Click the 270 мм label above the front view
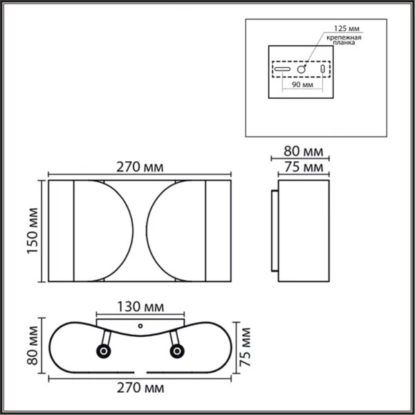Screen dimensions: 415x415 (136, 167)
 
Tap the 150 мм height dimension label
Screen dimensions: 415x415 (31, 232)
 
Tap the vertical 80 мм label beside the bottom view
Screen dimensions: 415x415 (32, 349)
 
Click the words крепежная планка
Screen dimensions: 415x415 (344, 40)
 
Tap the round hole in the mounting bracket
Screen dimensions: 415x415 (302, 70)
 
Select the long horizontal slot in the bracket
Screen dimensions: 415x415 (284, 70)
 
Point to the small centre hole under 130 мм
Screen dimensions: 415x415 (140, 324)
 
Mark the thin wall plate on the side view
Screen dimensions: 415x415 (275, 232)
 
